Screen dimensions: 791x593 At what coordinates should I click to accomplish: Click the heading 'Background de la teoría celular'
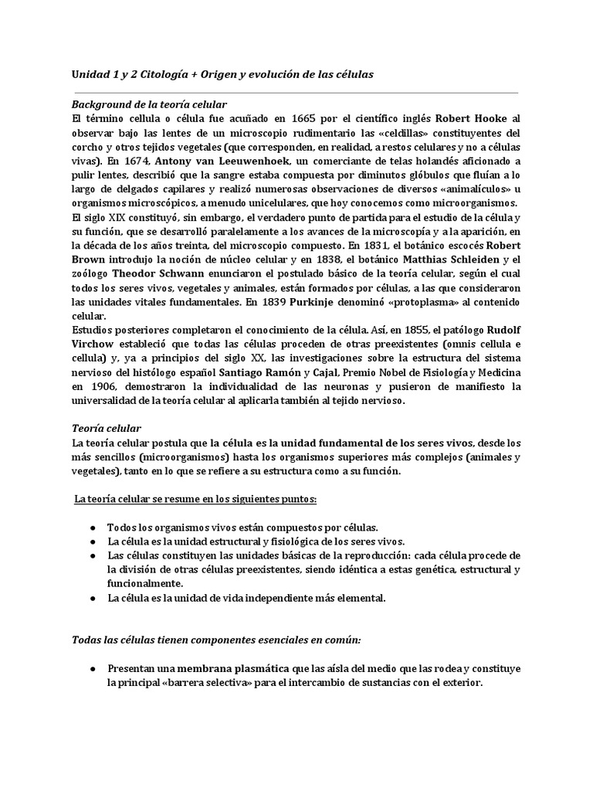[149, 104]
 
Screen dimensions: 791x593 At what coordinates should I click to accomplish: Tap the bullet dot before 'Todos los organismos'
[93, 527]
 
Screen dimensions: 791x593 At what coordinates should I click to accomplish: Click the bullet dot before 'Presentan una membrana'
[93, 669]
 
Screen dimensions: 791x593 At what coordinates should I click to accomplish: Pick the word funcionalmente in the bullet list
[145, 583]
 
